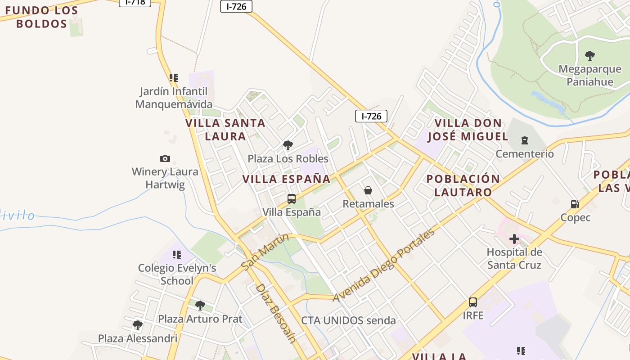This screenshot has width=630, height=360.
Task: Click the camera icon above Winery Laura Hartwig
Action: (x=165, y=158)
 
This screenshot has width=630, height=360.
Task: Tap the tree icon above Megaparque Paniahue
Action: (x=589, y=56)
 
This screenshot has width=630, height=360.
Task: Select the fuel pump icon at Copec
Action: (x=575, y=204)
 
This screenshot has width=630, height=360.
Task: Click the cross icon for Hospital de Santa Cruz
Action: (x=514, y=239)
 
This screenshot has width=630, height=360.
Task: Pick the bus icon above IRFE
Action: (x=473, y=302)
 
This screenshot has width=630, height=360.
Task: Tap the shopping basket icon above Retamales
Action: (x=368, y=190)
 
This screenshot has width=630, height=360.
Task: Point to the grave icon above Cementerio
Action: (x=524, y=140)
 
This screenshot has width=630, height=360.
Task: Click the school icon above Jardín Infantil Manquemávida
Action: (x=174, y=78)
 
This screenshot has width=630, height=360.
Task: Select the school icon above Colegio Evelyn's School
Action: (x=177, y=255)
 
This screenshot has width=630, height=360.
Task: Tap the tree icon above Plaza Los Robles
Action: (x=288, y=145)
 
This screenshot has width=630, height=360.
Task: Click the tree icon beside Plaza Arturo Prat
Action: (x=200, y=306)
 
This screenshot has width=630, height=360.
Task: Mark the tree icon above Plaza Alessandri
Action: (x=138, y=325)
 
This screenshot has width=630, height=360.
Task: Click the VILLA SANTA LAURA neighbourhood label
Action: (x=225, y=129)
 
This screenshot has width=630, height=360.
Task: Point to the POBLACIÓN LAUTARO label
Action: (x=463, y=185)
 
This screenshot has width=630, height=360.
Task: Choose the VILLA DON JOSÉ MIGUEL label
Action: (x=468, y=130)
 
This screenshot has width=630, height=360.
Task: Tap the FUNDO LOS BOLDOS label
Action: (x=41, y=17)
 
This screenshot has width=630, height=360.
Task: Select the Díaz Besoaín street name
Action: (x=275, y=313)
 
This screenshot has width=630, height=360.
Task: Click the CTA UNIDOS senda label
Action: (x=348, y=320)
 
